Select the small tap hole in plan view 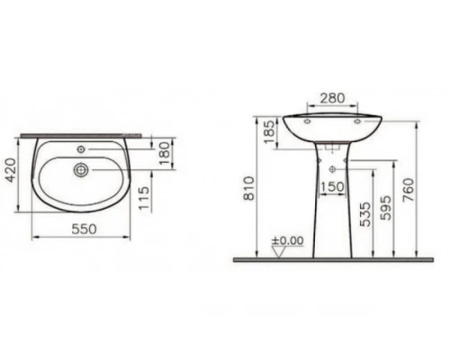tap(83, 148)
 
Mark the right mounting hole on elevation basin tap(357, 117)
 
